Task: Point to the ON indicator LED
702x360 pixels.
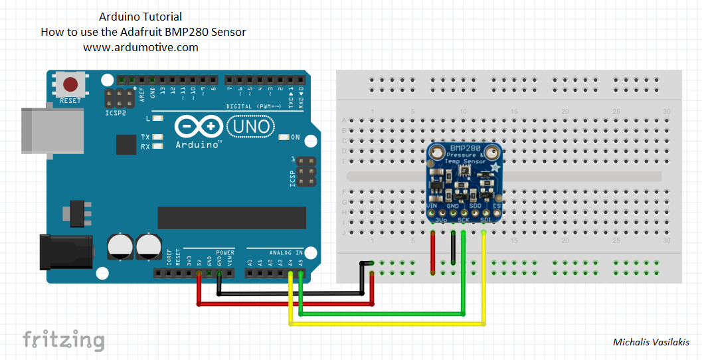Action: pos(284,137)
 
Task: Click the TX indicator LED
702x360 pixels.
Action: pos(158,137)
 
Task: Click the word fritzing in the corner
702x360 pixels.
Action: pos(64,340)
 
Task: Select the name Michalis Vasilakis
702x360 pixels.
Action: pos(651,342)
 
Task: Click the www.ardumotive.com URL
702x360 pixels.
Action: pos(141,47)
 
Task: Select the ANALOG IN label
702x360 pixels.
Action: pos(284,252)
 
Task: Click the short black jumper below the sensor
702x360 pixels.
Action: pos(453,250)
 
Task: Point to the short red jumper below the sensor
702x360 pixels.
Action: pos(433,252)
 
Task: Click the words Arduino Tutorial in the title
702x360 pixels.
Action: pos(140,17)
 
